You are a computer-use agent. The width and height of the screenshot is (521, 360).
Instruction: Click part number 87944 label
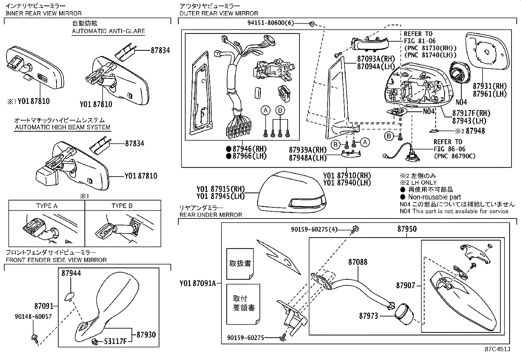coord(71,273)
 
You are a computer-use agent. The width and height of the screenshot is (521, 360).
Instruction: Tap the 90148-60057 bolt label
coord(33,317)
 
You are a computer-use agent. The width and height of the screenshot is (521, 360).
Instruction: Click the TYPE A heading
coord(47,206)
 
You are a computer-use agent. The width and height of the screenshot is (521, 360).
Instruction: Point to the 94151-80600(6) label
coord(271,23)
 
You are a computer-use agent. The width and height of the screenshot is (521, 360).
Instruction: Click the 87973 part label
coord(368,316)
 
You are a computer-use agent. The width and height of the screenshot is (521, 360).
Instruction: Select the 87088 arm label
coord(358,262)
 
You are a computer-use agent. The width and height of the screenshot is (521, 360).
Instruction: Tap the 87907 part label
coord(405,286)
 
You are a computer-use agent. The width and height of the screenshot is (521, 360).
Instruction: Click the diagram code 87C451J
coord(497,349)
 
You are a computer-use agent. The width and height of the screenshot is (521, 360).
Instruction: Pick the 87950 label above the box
coord(407,229)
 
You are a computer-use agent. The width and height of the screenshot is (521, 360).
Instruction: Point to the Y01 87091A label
coord(198,283)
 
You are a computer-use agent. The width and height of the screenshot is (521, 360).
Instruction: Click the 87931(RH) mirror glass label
coord(490,86)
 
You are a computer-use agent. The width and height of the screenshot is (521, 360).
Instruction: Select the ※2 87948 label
coord(470,131)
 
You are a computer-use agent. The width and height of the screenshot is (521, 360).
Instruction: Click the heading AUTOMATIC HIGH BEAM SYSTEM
coord(62,127)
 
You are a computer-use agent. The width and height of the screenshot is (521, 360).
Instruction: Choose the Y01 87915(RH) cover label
coord(221,189)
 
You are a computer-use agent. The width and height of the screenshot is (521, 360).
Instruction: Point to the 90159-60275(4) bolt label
coord(314,230)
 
